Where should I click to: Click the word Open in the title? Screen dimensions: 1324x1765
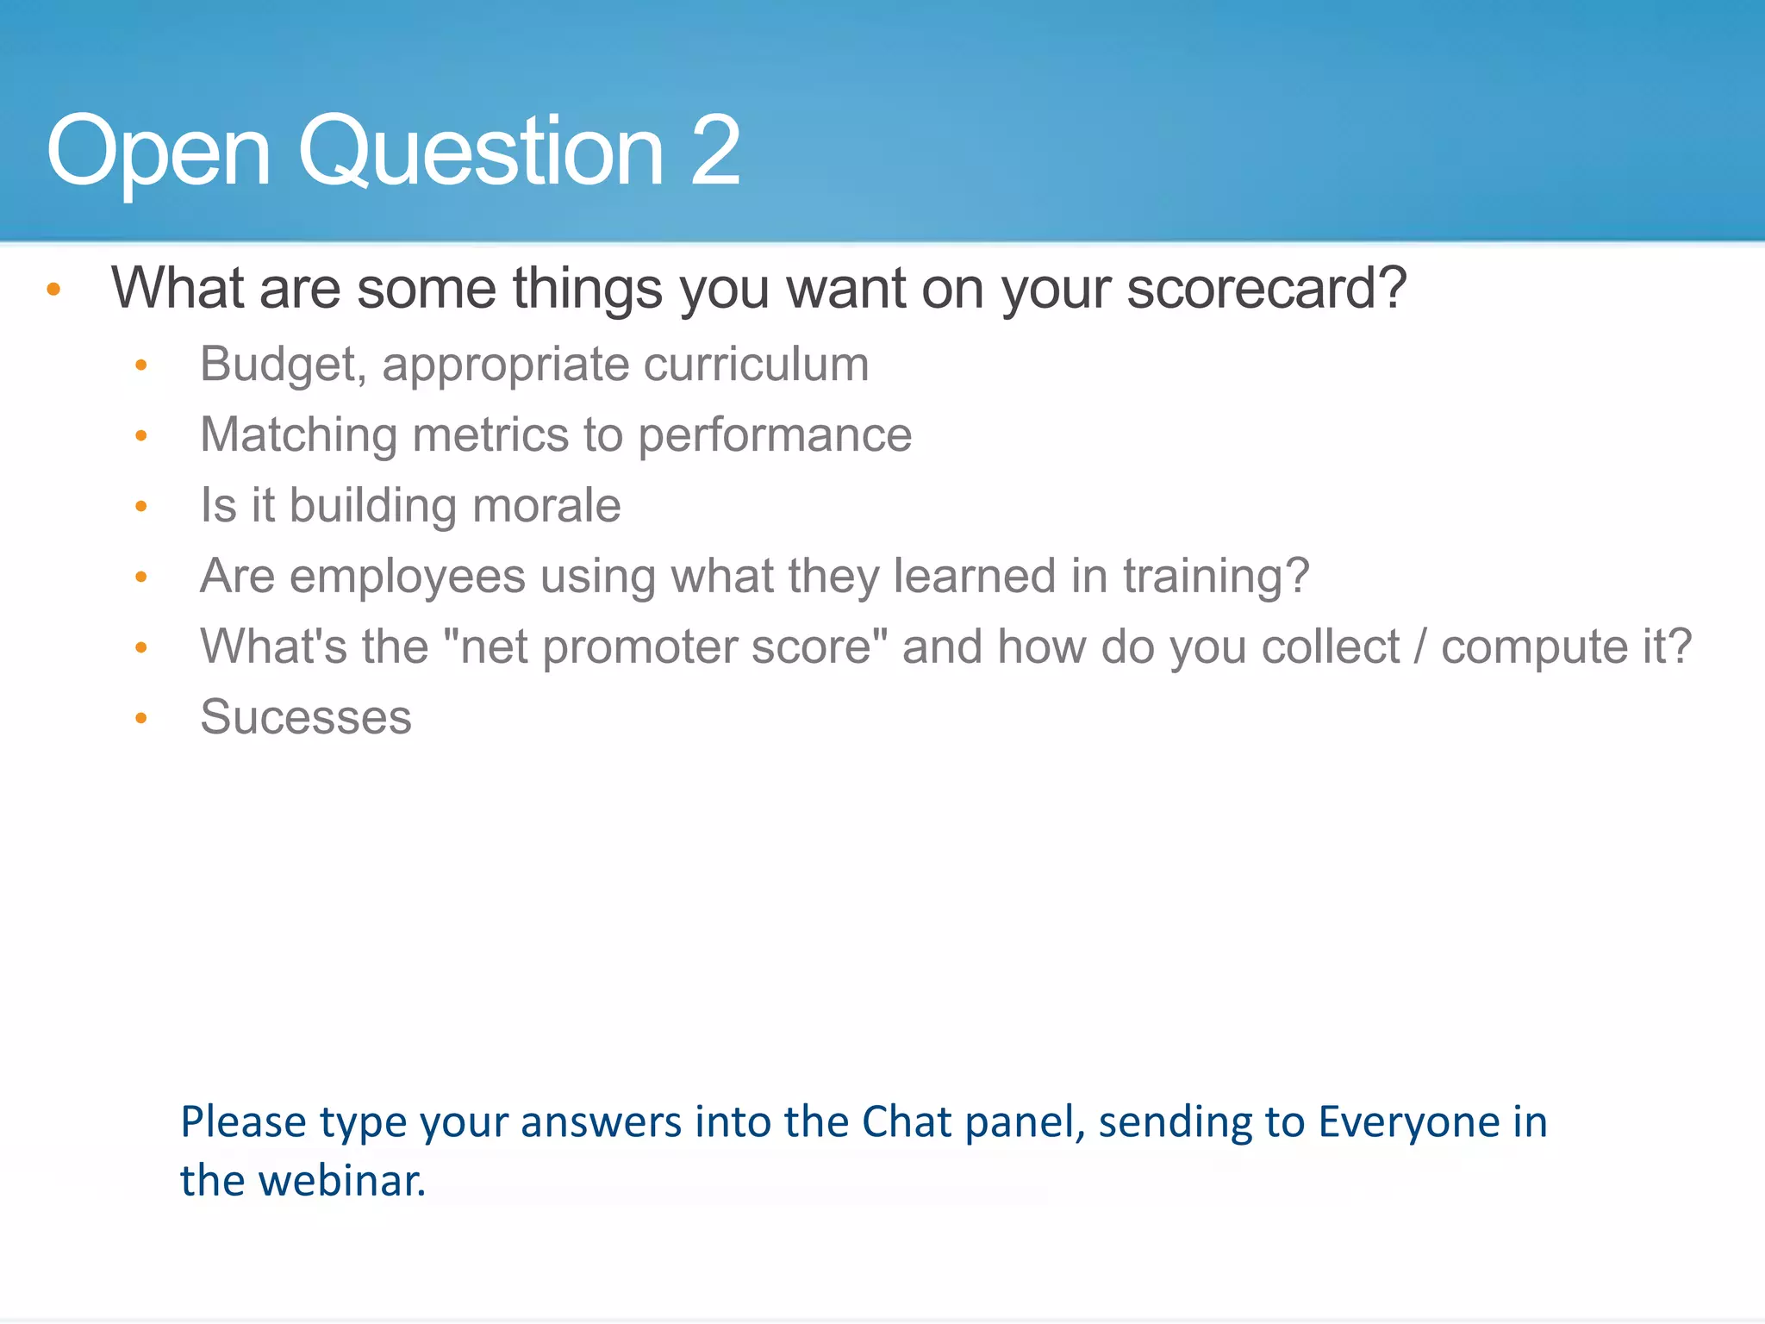(159, 153)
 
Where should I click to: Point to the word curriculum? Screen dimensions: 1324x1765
(756, 365)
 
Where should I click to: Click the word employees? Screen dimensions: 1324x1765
(407, 576)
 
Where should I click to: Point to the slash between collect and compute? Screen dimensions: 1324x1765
(1420, 647)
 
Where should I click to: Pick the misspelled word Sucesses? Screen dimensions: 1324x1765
(306, 717)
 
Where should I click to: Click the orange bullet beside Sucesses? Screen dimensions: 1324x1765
(141, 718)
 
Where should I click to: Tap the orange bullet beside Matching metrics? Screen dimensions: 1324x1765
(141, 436)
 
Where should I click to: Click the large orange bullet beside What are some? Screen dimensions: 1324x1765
(53, 290)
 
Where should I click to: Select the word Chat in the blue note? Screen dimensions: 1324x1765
(907, 1122)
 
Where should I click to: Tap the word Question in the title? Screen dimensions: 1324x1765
(481, 153)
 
